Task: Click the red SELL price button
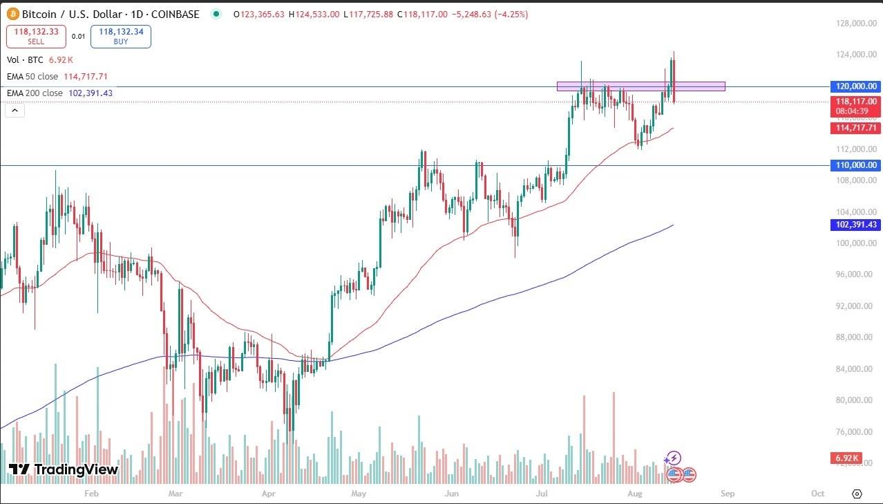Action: pyautogui.click(x=36, y=36)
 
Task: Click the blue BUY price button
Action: pyautogui.click(x=120, y=36)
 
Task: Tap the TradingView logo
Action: pyautogui.click(x=64, y=469)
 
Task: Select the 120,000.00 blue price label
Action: pyautogui.click(x=855, y=86)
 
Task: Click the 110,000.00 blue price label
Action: pyautogui.click(x=855, y=165)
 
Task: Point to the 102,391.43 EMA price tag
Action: pyautogui.click(x=855, y=225)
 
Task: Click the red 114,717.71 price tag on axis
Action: pyautogui.click(x=855, y=128)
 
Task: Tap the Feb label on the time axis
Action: pyautogui.click(x=91, y=494)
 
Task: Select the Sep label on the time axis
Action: pyautogui.click(x=726, y=494)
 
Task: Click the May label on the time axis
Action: pyautogui.click(x=358, y=494)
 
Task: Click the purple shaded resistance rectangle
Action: pyautogui.click(x=640, y=86)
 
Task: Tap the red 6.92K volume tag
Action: pyautogui.click(x=846, y=458)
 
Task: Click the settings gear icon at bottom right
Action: pyautogui.click(x=857, y=494)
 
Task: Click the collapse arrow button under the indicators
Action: pyautogui.click(x=15, y=110)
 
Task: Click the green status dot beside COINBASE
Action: pyautogui.click(x=217, y=14)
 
